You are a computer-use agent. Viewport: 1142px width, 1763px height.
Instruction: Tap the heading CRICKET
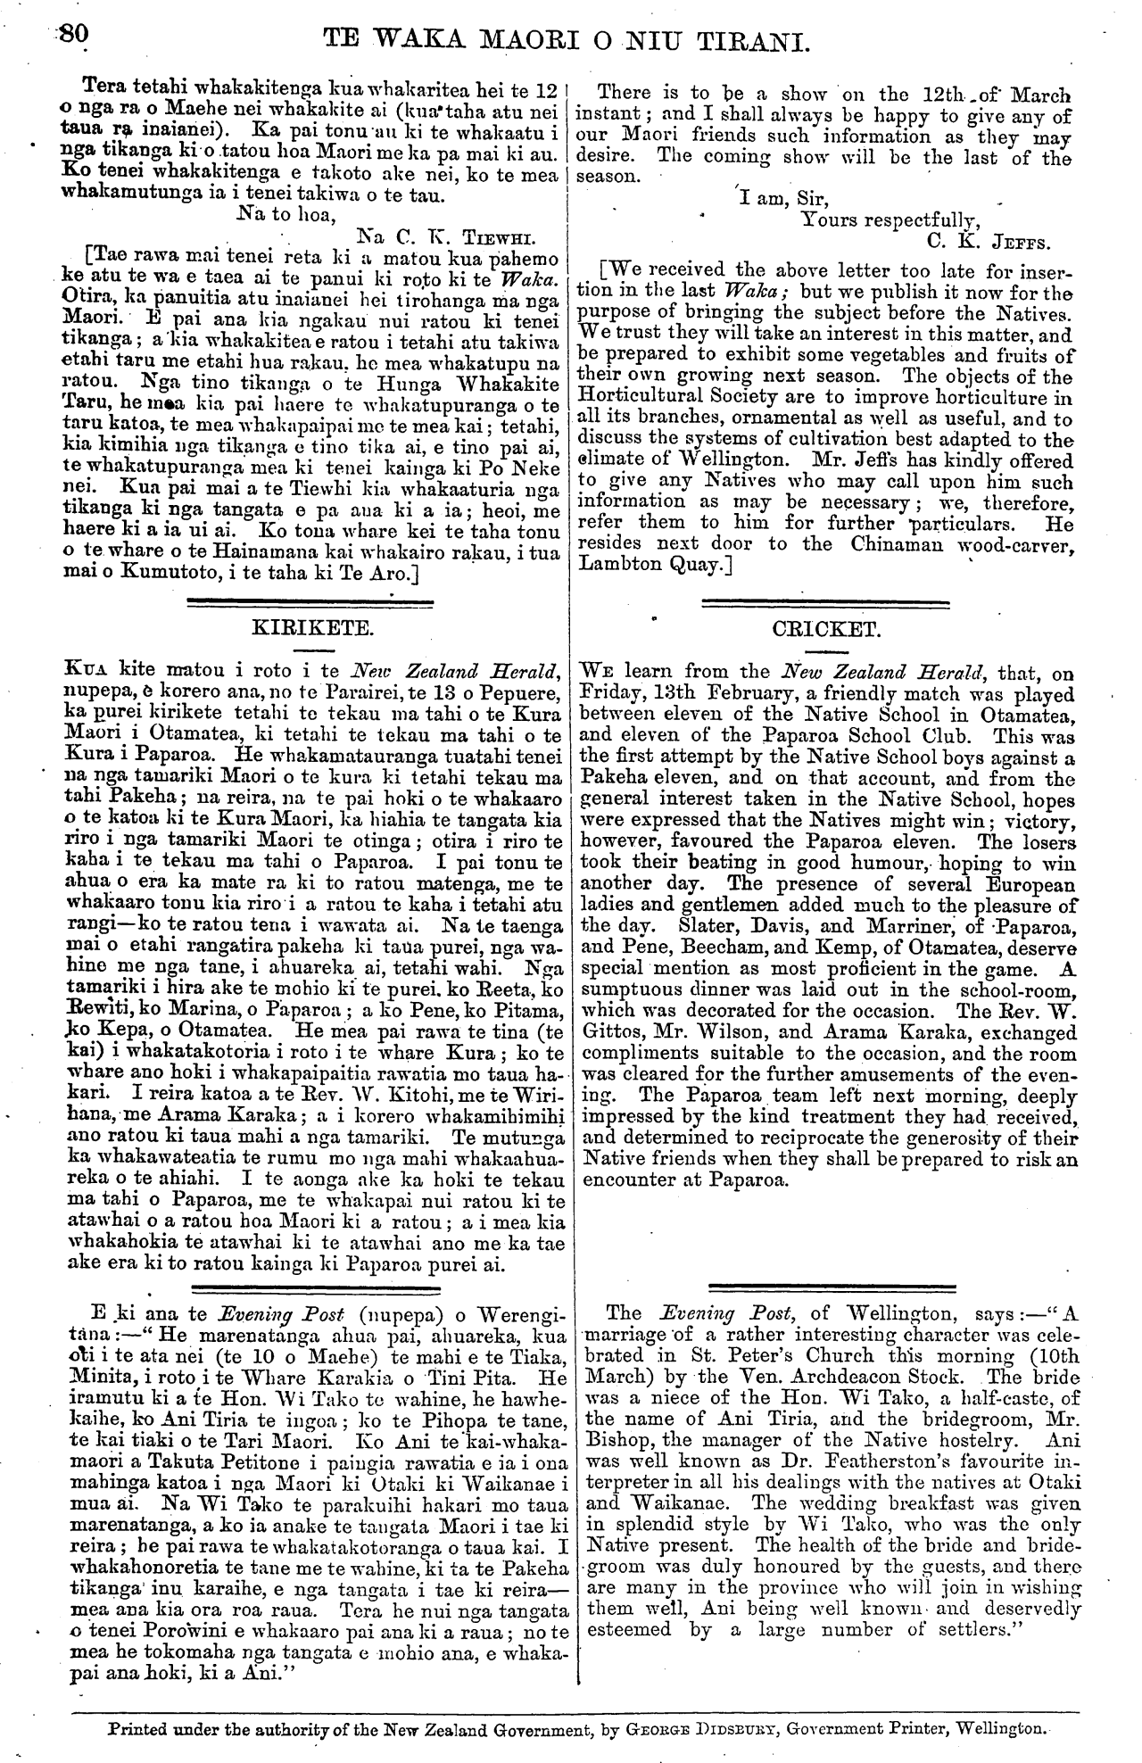[x=825, y=629]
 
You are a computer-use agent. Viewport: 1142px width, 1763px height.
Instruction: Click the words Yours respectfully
[x=890, y=220]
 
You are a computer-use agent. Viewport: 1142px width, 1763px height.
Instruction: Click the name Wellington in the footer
[x=1001, y=1727]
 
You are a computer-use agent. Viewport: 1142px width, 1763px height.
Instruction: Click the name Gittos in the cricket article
[x=610, y=1032]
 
